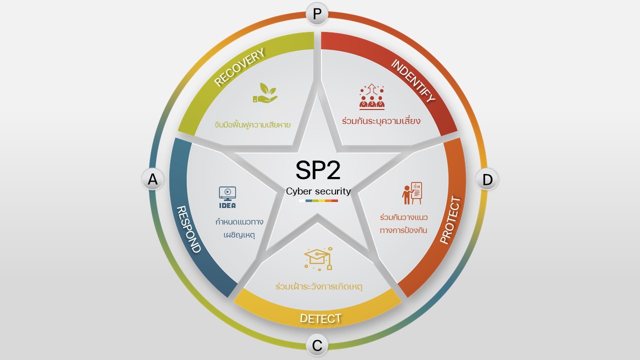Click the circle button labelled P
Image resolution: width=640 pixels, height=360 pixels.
317,14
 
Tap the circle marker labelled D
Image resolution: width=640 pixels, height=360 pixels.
487,179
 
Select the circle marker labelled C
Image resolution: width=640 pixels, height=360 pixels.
317,345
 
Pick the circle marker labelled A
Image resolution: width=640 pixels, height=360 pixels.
152,179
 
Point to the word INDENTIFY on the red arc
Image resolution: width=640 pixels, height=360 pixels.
412,80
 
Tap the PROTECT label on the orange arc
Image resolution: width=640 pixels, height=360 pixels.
450,220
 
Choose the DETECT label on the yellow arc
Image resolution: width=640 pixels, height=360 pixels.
320,318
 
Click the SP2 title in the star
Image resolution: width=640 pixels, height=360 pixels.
318,170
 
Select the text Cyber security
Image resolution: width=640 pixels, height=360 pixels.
318,191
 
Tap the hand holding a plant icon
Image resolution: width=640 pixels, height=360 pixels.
264,94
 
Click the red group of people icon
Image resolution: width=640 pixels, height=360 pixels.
372,97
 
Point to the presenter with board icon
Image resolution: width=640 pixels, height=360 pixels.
412,193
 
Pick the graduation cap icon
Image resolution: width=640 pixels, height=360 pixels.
318,258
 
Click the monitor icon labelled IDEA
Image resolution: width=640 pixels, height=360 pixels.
227,197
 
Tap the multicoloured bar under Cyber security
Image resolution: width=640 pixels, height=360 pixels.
318,200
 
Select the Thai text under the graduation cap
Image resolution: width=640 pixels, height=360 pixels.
318,287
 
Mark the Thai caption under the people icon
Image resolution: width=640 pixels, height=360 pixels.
381,121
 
